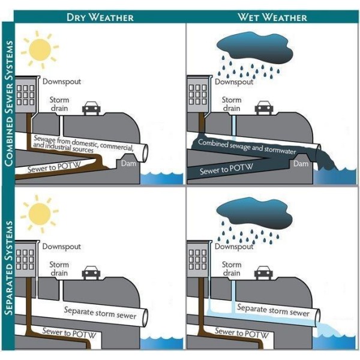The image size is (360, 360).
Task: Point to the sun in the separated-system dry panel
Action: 40,213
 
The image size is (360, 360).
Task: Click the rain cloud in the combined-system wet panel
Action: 253,44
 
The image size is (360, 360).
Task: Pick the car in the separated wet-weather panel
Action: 263,272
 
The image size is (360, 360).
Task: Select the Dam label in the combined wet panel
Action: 302,163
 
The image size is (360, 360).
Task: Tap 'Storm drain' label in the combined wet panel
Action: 232,104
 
